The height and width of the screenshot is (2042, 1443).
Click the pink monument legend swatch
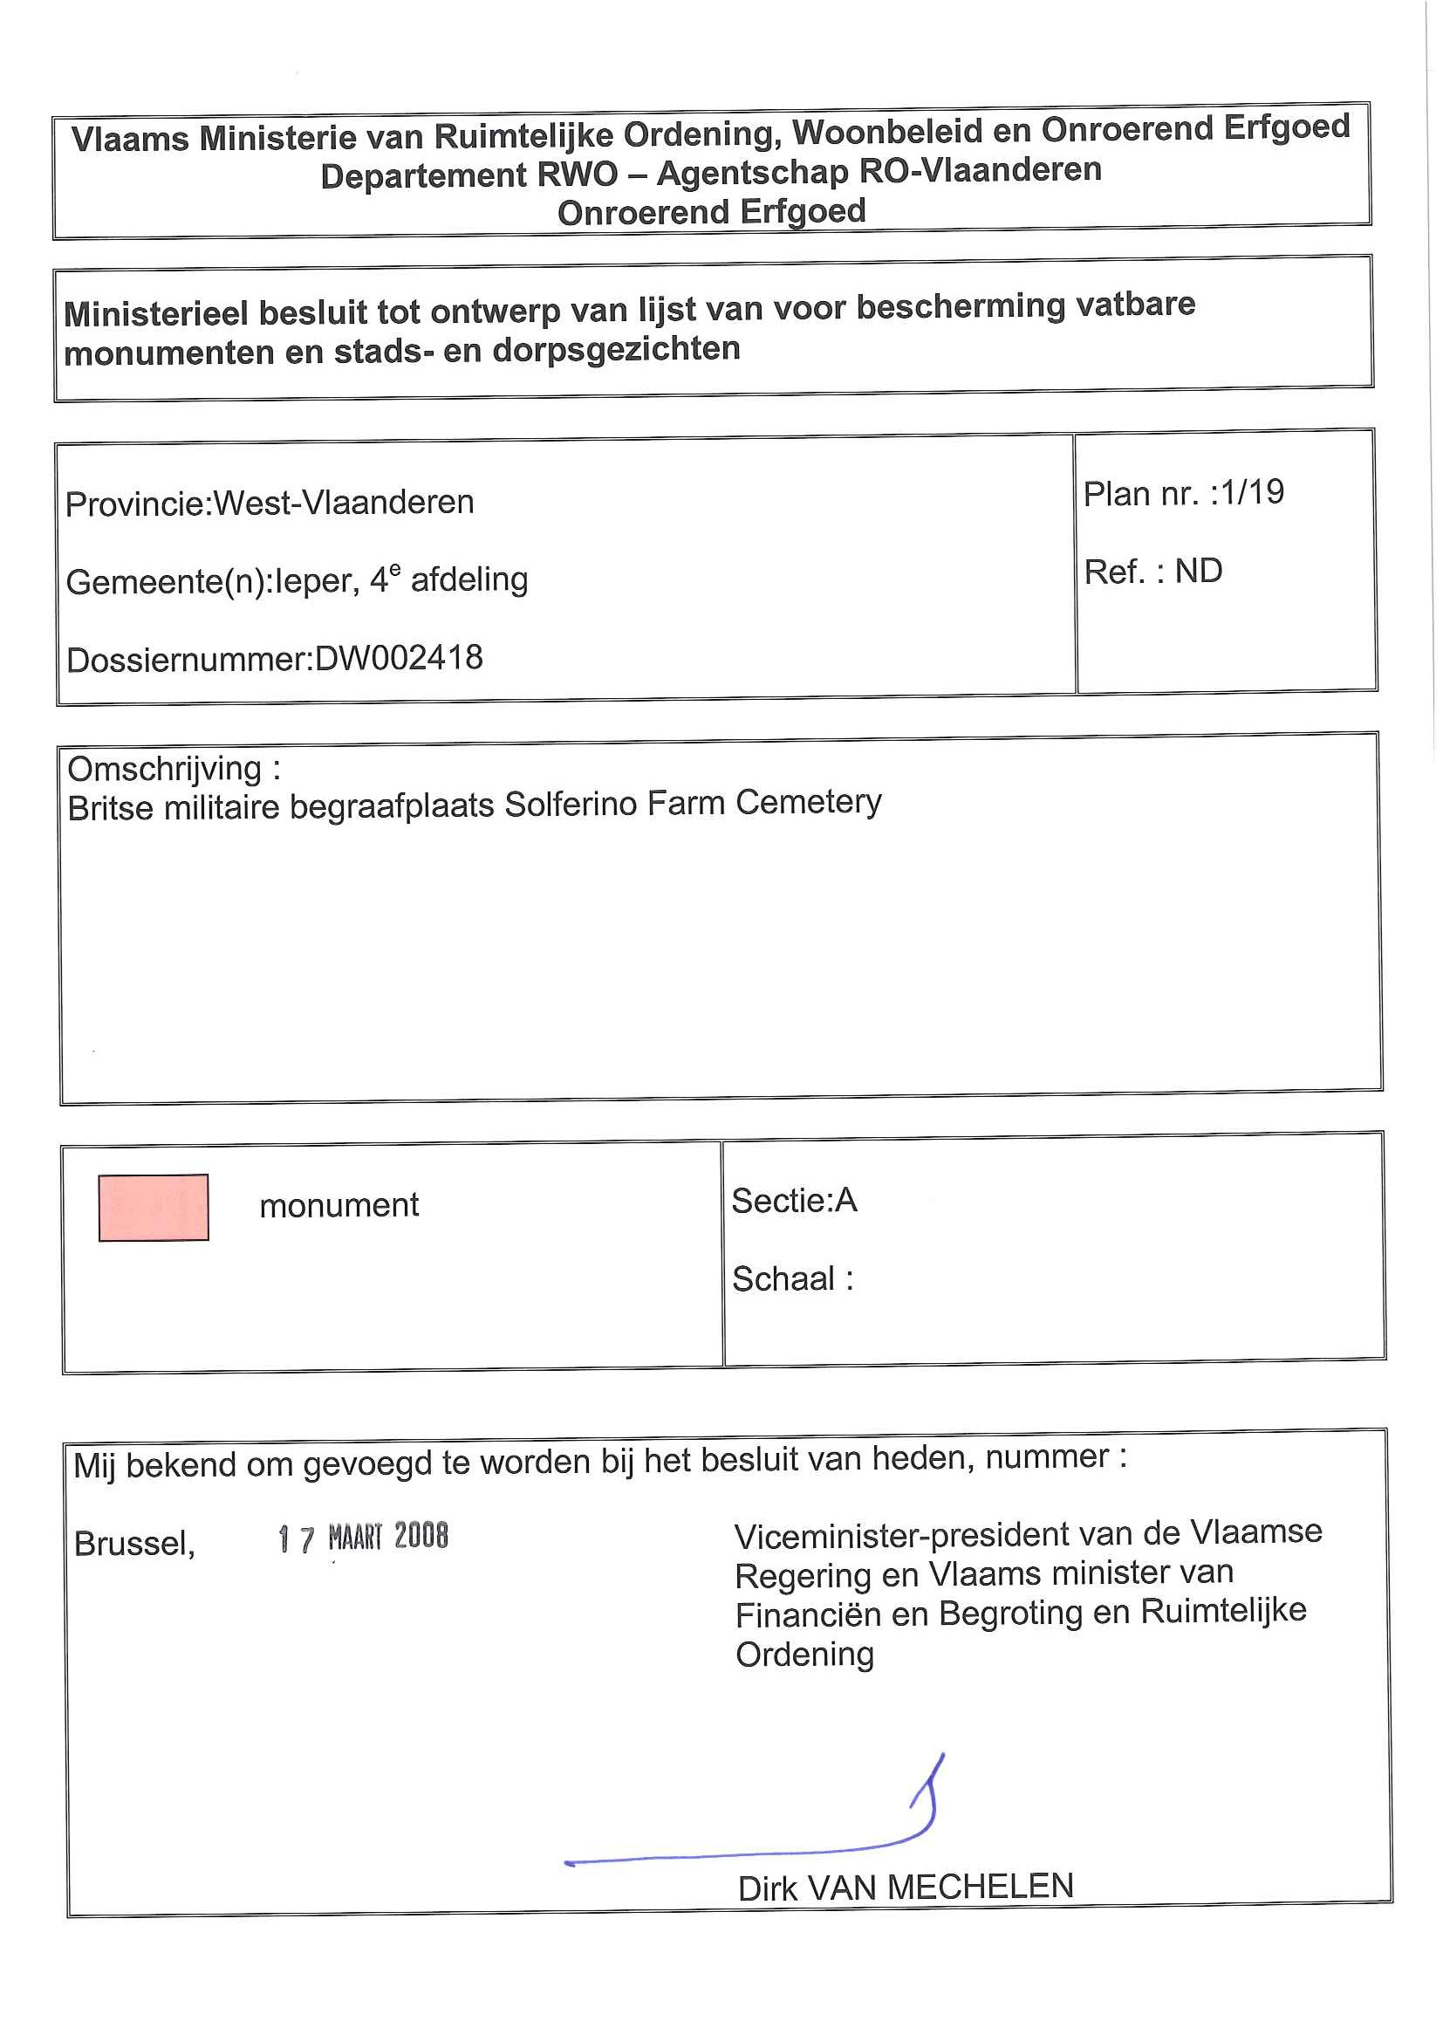click(153, 1207)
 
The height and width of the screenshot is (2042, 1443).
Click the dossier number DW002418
click(399, 658)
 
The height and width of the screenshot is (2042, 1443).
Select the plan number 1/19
click(1252, 492)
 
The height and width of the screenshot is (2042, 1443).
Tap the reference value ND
click(1198, 571)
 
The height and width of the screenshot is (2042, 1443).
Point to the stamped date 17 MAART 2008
click(363, 1537)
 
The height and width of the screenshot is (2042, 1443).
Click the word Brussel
click(134, 1543)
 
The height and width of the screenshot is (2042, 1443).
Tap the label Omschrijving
click(165, 769)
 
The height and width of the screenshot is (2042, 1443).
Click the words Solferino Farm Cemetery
click(694, 803)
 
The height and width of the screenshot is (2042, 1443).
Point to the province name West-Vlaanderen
click(343, 503)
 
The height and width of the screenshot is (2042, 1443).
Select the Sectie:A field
click(793, 1201)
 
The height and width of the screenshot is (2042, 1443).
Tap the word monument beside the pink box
click(339, 1205)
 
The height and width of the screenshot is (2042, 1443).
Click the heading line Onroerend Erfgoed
click(711, 212)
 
